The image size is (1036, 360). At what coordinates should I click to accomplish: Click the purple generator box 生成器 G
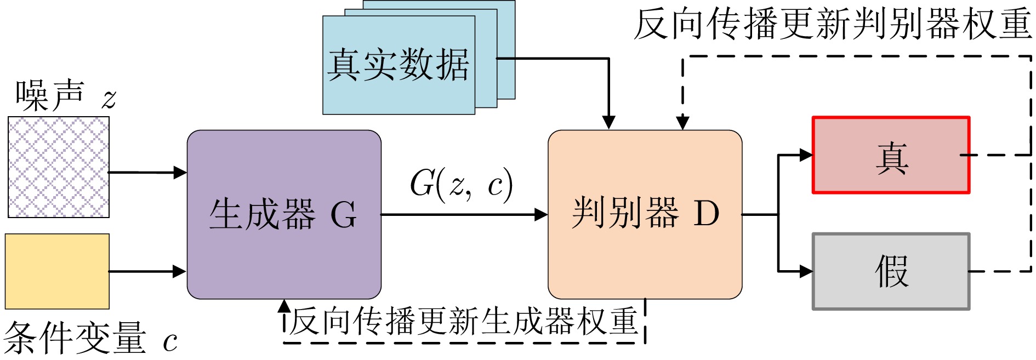(284, 214)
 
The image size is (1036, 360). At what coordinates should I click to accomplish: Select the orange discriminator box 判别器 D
(645, 214)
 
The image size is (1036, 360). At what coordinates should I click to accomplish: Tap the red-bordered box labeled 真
(891, 156)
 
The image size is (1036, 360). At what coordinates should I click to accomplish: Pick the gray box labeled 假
(891, 272)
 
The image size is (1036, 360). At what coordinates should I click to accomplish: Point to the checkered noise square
(59, 167)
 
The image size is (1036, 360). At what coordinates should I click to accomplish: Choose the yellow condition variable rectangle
(57, 271)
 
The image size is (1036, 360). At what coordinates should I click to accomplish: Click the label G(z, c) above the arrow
(461, 184)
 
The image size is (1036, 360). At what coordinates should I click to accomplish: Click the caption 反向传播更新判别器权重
(832, 25)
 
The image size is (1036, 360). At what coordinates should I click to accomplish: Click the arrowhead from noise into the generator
(180, 173)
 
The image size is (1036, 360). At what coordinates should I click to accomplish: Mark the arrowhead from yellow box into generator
(180, 271)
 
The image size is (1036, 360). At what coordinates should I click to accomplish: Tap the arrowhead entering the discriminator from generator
(541, 214)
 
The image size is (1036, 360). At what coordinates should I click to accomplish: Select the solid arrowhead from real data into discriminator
(608, 122)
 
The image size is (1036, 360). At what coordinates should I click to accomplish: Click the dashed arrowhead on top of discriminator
(682, 122)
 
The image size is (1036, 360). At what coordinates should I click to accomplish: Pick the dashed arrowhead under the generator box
(284, 306)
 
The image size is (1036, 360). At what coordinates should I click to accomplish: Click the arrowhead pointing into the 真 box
(806, 155)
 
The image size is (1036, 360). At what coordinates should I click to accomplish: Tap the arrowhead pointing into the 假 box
(806, 271)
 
